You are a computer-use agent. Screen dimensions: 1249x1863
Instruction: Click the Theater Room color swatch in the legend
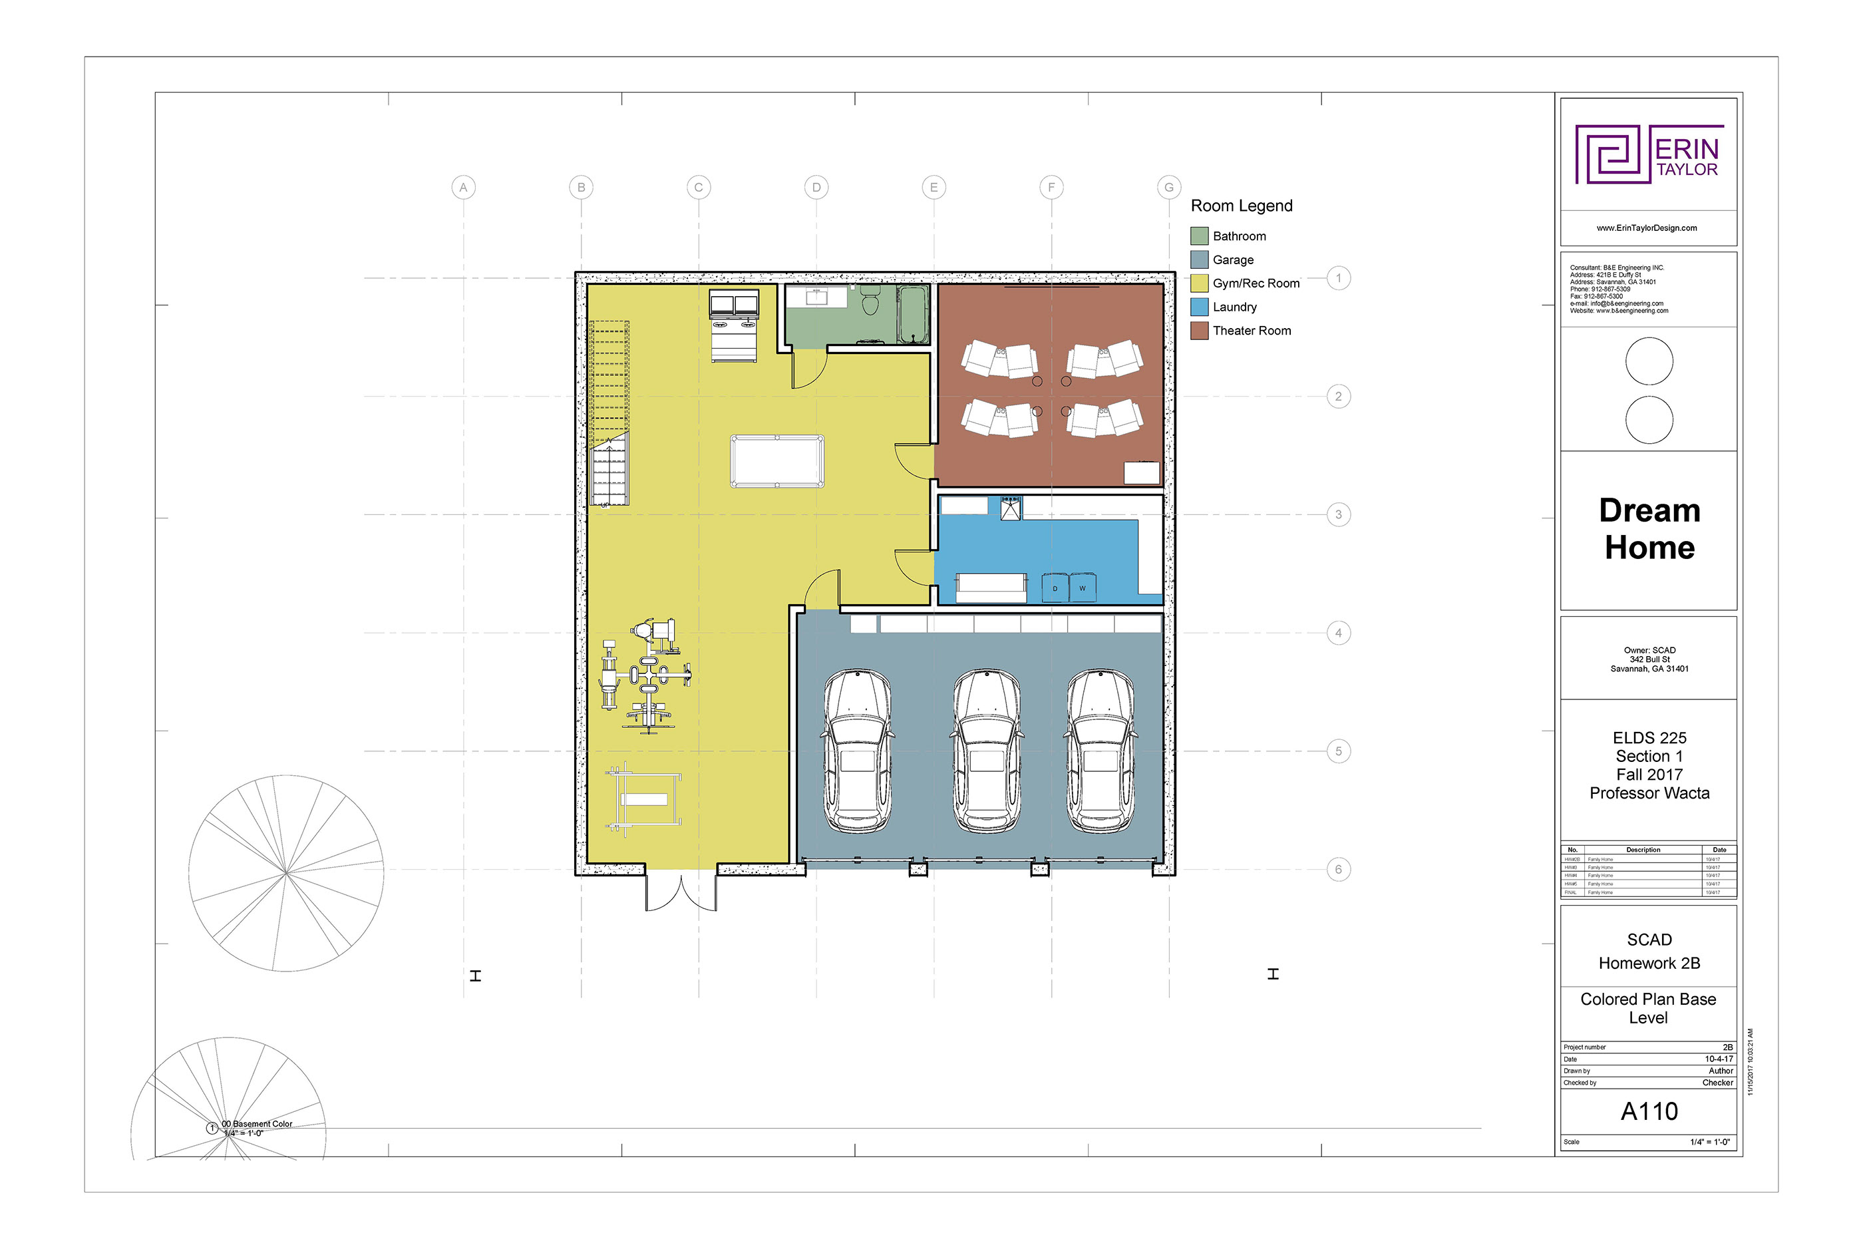[x=1199, y=331]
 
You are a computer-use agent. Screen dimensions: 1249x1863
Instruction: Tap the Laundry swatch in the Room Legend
[x=1199, y=307]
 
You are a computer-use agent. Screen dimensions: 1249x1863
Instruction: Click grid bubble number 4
[x=1338, y=633]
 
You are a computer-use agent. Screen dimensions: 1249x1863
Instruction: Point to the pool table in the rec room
[x=776, y=461]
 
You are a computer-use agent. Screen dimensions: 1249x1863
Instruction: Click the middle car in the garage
[x=986, y=751]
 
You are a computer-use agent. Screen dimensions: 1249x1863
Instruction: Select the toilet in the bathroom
[x=870, y=302]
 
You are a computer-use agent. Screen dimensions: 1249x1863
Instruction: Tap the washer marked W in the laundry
[x=1083, y=588]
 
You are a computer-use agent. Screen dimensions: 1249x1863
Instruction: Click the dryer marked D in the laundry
[x=1055, y=588]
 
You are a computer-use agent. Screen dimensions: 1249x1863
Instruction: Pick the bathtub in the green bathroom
[x=913, y=314]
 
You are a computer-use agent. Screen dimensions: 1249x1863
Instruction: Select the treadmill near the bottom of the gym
[x=643, y=799]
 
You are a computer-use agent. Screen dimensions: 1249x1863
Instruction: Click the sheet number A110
[x=1648, y=1111]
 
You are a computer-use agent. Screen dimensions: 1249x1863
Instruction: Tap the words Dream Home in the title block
[x=1649, y=529]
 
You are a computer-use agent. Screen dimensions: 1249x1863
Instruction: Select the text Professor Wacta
[x=1649, y=793]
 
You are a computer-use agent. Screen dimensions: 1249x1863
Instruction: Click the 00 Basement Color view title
[x=256, y=1124]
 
